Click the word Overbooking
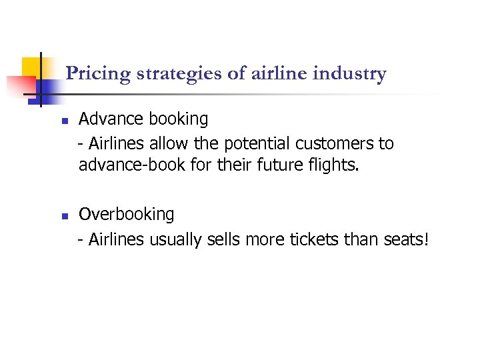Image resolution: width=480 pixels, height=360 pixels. (126, 215)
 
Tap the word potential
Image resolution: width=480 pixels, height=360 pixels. (253, 143)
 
